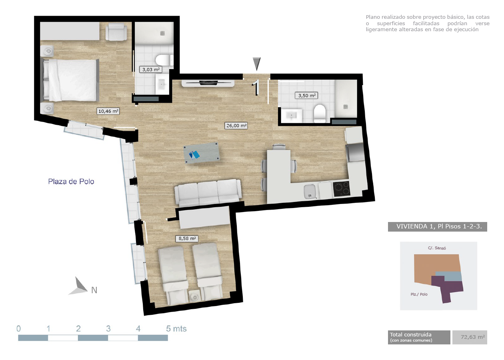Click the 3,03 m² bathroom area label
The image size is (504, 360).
(x=151, y=70)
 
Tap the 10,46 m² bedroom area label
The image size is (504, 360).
(x=108, y=111)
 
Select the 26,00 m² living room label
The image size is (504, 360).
(x=236, y=126)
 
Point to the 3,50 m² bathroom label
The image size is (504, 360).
(x=306, y=96)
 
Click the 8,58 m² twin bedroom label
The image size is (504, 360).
(x=187, y=238)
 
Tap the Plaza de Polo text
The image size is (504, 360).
(x=71, y=182)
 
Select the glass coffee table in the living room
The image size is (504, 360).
(x=201, y=153)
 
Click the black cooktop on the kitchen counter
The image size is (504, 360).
(x=342, y=189)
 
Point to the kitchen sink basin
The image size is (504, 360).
(x=310, y=192)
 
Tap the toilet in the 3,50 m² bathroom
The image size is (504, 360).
(x=320, y=113)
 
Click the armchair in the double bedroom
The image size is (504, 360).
(x=116, y=32)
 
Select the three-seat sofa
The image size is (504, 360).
(x=208, y=193)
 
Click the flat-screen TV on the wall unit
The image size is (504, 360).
(x=208, y=82)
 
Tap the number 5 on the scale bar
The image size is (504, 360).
(x=168, y=329)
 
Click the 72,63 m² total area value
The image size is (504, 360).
(x=473, y=337)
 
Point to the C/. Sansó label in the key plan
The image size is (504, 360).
(x=437, y=248)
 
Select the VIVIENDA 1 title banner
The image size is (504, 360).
(x=438, y=226)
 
